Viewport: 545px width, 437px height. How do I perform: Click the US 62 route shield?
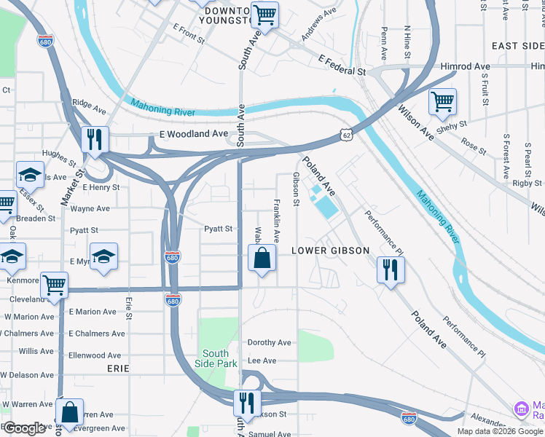[x=345, y=134]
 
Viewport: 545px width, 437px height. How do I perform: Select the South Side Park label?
[x=217, y=358]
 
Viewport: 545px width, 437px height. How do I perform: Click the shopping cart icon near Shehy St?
[x=442, y=103]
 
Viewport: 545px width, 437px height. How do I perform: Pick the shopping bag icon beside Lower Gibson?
[x=262, y=258]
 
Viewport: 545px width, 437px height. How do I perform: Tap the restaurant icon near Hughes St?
[x=95, y=140]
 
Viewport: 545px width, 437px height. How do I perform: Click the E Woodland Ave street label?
[x=194, y=135]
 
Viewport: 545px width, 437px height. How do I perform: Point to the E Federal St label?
[x=341, y=66]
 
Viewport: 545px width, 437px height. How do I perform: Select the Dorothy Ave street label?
[x=270, y=342]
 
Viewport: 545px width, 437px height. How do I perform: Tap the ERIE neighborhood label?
[x=118, y=369]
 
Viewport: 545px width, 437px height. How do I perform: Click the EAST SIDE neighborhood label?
[x=517, y=46]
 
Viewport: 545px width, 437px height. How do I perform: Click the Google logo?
[x=25, y=428]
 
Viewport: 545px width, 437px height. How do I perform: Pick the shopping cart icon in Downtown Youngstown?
[x=264, y=15]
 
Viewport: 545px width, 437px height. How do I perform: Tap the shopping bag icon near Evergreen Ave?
[x=70, y=412]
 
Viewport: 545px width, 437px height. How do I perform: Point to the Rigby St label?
[x=528, y=184]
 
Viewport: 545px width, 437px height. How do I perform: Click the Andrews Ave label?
[x=319, y=23]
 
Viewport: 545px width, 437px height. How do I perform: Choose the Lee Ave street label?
[x=262, y=361]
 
